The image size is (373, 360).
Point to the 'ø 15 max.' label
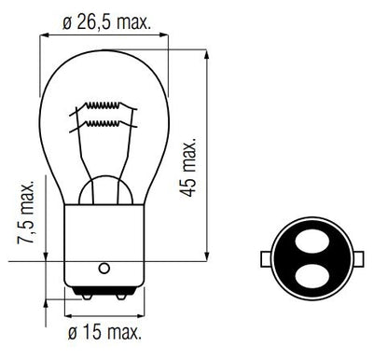click(104, 332)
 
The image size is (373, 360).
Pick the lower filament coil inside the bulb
click(105, 122)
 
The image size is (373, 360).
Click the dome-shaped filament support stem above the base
click(103, 191)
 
